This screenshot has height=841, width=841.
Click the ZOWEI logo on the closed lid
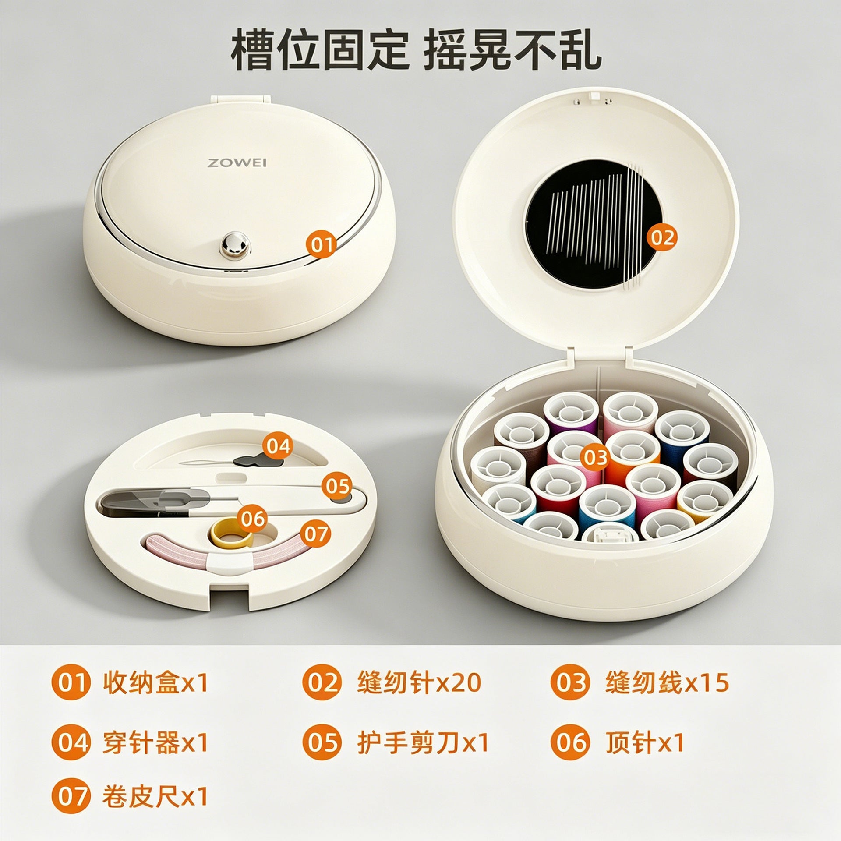(x=237, y=163)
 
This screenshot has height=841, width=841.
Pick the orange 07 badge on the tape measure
(x=316, y=534)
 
